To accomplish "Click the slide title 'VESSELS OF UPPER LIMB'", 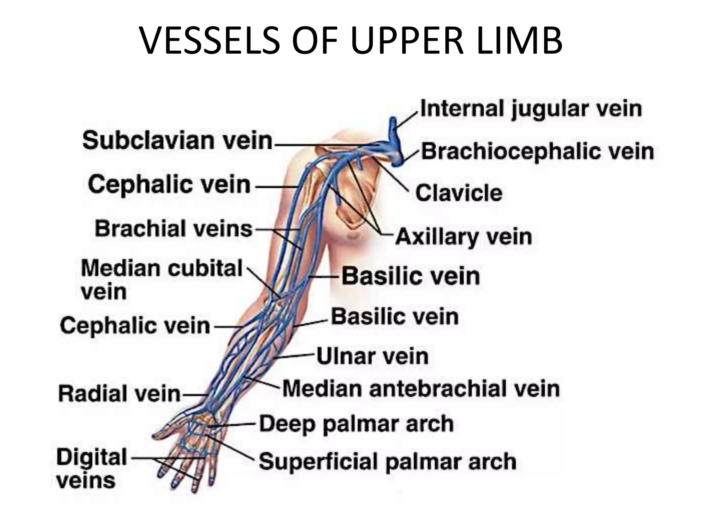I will pos(351,40).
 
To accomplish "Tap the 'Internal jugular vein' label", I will pos(531,109).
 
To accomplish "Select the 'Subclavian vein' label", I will pos(177,141).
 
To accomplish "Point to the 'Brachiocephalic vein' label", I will pos(537,151).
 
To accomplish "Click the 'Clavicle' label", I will pos(459,193).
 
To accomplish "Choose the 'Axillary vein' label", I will pos(463,237).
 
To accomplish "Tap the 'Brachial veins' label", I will pos(173,228).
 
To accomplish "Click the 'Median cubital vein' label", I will pos(161,279).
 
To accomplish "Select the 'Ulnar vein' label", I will pos(372,356).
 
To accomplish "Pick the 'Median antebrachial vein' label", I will pos(421,389).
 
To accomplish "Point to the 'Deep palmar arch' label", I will pos(356,424).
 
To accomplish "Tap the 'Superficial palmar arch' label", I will pos(387,461).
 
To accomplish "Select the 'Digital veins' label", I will pos(91,469).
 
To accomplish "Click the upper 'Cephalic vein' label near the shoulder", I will pos(169,185).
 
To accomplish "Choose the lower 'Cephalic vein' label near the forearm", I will pos(135,325).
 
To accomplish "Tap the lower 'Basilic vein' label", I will pos(395,316).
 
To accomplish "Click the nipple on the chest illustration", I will pos(352,236).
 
